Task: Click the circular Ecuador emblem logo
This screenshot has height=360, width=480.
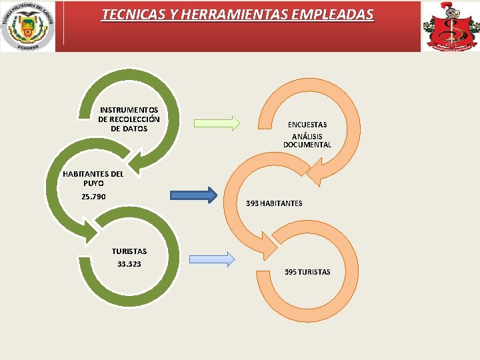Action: point(28,26)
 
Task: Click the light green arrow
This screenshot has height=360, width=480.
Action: point(217,123)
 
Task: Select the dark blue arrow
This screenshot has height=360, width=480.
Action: point(193,195)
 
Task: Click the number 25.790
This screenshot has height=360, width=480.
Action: point(93,197)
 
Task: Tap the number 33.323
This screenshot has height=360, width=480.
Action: point(129,264)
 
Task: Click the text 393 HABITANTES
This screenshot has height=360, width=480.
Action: point(274,203)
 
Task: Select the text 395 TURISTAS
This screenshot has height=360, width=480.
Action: point(307,272)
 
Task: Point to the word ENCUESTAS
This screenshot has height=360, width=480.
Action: point(307,125)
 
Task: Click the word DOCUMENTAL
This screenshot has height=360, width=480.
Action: point(307,145)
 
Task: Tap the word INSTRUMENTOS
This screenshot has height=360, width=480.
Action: point(129,109)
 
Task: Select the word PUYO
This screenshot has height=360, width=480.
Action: point(93,183)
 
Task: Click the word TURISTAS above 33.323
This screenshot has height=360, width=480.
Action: point(129,251)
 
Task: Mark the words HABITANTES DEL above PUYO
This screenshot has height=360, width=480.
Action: point(93,173)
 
